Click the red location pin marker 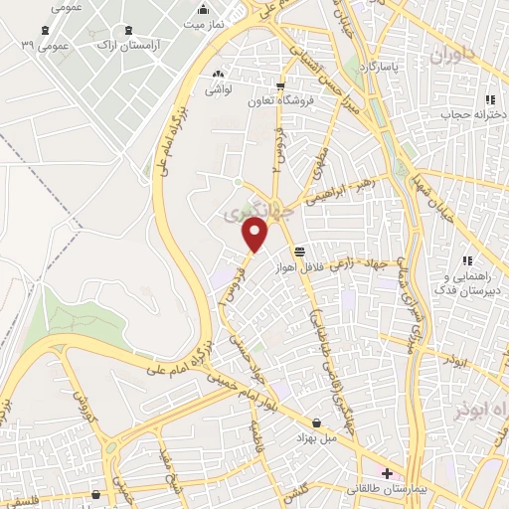pos(256,236)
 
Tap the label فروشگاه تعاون pos(282,102)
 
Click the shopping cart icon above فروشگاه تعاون pos(282,86)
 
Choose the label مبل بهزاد pos(316,437)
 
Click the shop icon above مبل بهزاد pos(316,423)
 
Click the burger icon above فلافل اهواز pos(299,251)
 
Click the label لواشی pos(218,89)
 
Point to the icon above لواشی pos(218,74)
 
